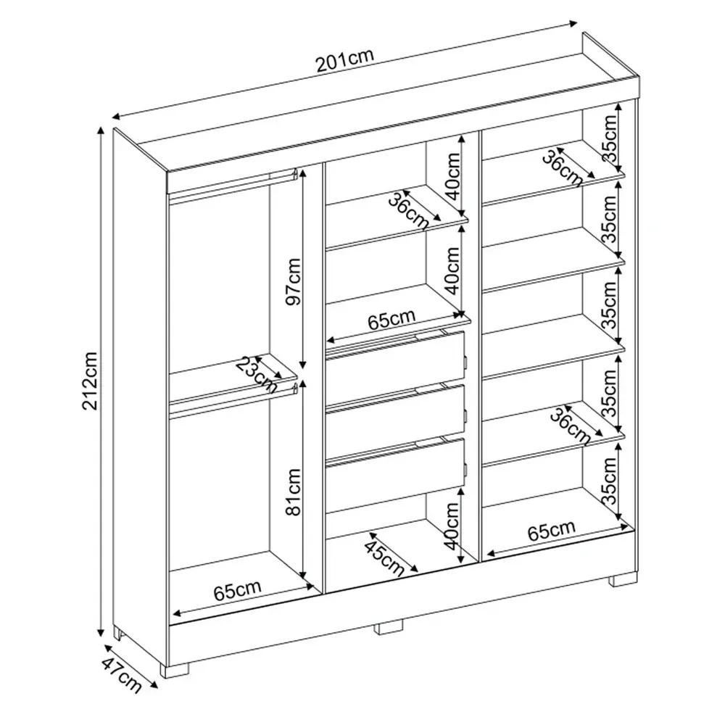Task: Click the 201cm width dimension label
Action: tap(344, 60)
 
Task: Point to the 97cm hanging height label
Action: tap(293, 281)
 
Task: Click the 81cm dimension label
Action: tap(293, 492)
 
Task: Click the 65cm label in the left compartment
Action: tap(238, 590)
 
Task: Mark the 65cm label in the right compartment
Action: tap(552, 531)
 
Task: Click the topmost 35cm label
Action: tap(610, 138)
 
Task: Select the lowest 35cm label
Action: tap(610, 481)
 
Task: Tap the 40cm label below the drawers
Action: tap(452, 526)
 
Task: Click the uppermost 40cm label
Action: tap(454, 176)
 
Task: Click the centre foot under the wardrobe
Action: tap(389, 626)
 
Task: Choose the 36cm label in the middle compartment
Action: tap(409, 211)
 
